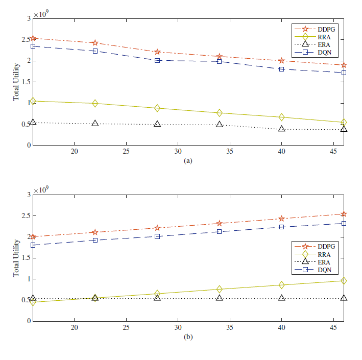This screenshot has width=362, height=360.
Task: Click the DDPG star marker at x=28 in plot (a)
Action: coord(157,52)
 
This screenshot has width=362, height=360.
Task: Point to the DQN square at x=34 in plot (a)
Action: coord(220,61)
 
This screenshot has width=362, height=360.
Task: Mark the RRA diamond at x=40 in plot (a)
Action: coord(282,117)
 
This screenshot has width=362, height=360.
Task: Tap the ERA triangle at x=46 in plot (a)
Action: coord(344,129)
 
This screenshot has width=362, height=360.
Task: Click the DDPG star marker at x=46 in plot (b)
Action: coord(344,214)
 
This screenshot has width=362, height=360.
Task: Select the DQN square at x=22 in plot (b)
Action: coord(95,240)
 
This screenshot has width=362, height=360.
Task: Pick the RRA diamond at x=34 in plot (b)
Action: coord(220,290)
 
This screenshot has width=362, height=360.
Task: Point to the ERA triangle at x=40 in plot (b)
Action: coord(282,298)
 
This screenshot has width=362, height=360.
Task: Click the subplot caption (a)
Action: coord(188,160)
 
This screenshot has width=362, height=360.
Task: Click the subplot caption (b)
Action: coord(188,337)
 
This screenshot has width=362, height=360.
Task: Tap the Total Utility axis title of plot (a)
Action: coord(16,82)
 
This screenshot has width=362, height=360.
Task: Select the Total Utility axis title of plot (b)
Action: coord(16,258)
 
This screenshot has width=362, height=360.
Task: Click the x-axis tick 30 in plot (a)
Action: coord(178,152)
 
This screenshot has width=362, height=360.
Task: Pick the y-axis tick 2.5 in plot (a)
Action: coord(26,40)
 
